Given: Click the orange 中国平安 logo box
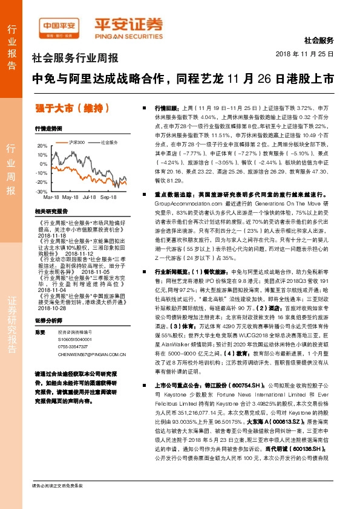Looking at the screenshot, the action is pos(58,26).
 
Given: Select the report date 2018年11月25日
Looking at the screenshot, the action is pos(309,54).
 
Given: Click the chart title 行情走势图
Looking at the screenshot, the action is pos(48,129).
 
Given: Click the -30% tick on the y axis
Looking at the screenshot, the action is pos(41,190).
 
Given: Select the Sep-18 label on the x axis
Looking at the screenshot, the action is pos(108,197).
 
